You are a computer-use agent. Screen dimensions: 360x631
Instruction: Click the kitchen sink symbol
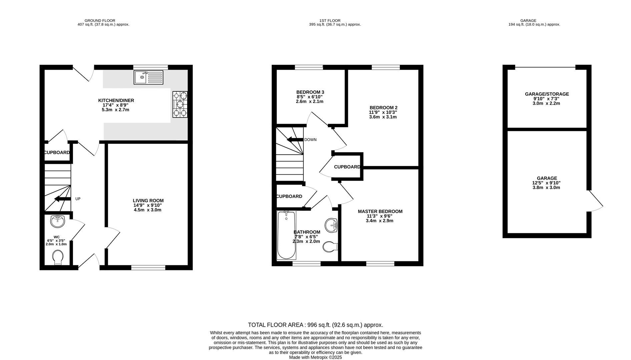148,77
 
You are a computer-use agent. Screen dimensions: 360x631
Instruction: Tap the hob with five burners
180,104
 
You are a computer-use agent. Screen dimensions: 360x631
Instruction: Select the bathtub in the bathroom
286,235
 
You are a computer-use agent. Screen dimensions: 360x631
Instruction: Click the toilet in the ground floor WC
58,257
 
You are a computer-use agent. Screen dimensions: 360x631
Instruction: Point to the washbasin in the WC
58,221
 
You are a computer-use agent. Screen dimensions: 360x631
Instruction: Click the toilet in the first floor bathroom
330,247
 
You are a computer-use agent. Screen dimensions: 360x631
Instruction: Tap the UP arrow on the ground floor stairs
62,199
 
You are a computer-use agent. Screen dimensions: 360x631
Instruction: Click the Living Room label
148,201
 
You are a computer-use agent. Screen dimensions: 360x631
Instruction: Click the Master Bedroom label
380,211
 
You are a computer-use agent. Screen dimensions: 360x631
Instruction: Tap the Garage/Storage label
547,94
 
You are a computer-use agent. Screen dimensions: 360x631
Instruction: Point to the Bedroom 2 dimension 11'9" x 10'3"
383,112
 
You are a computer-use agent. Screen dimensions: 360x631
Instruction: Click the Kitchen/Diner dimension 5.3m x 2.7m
115,110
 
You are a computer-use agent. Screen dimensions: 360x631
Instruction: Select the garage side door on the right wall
595,201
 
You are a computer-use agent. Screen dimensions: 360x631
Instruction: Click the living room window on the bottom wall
148,267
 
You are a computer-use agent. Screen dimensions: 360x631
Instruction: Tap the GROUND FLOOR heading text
100,21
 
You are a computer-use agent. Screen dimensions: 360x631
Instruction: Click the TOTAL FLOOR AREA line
315,325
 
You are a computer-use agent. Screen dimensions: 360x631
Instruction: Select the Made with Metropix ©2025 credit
315,357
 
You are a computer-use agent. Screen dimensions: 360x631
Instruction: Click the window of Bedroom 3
309,67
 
